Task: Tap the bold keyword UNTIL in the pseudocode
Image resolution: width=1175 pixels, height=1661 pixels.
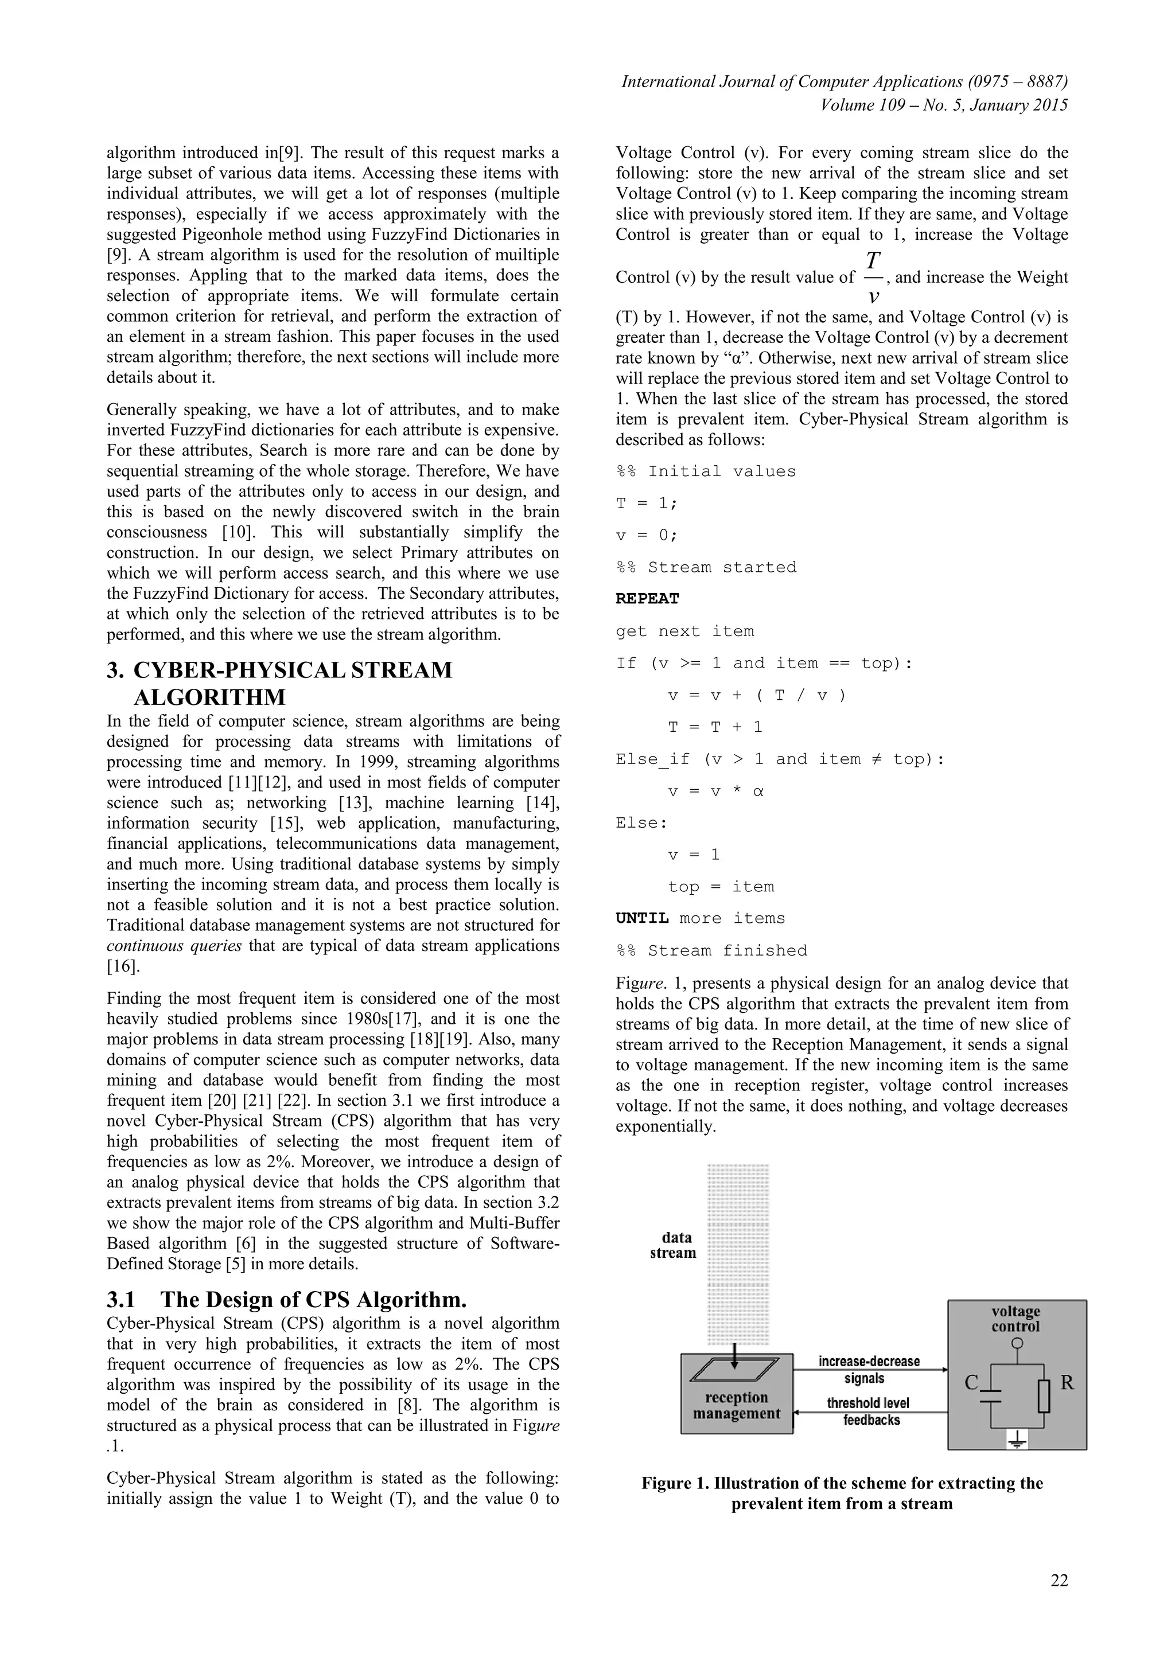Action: click(642, 918)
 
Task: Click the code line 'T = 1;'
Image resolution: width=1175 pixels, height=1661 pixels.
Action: click(646, 503)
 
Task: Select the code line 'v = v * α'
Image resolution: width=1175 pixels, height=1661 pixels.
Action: click(715, 791)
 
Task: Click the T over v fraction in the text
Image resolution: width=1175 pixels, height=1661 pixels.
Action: click(873, 278)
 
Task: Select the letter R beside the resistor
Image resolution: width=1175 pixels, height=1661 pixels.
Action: click(1067, 1382)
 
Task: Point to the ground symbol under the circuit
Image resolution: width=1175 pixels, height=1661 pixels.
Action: click(1017, 1442)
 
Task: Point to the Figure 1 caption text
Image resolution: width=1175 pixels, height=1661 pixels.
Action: click(842, 1493)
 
